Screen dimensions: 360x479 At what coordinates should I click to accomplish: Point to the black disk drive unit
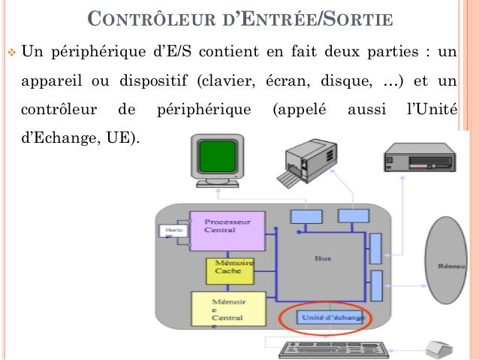coord(419,161)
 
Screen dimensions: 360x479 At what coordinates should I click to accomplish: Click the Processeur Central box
coord(227,230)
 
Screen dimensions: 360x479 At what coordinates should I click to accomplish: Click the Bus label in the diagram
coord(322,258)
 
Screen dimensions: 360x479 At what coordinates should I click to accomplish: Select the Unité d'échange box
coord(331,317)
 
